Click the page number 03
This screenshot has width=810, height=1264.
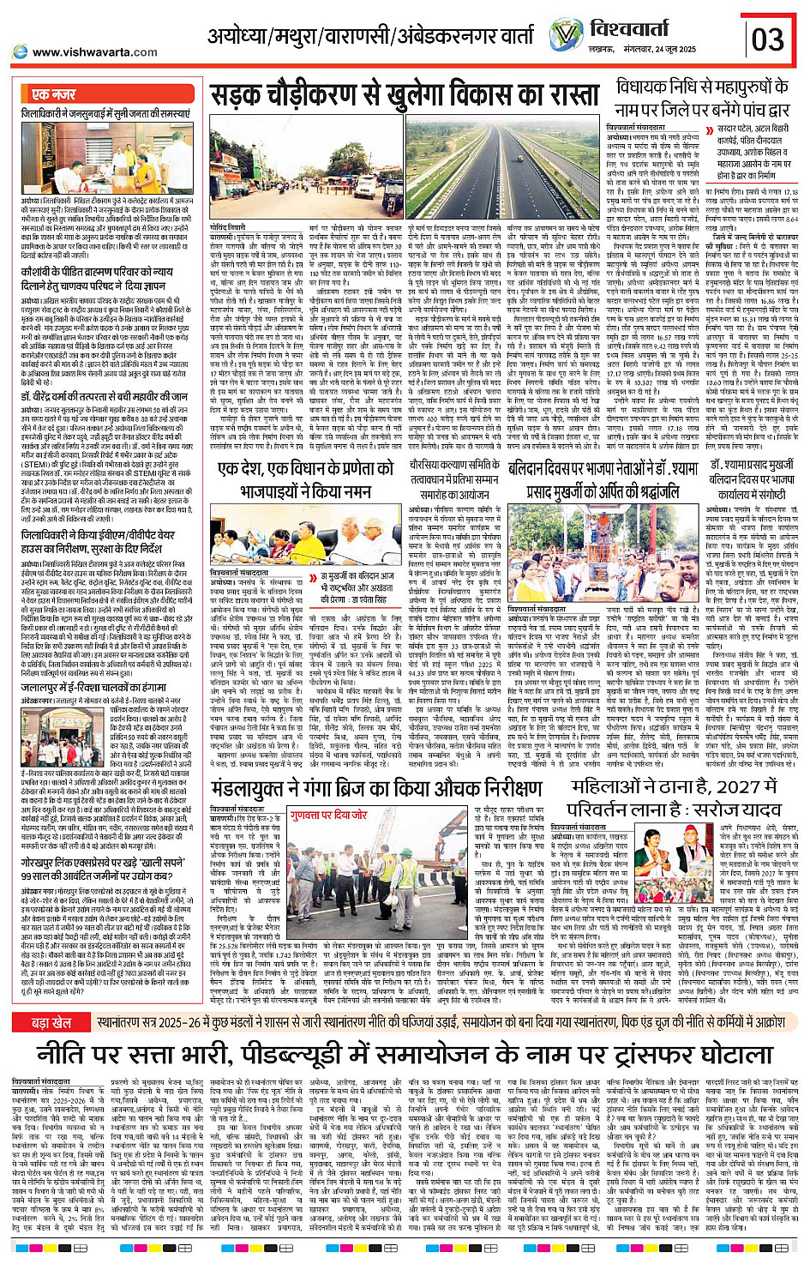click(x=767, y=39)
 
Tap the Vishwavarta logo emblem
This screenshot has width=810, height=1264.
click(x=566, y=35)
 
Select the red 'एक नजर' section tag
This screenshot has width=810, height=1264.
click(x=53, y=94)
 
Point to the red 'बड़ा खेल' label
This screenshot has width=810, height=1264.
click(x=51, y=999)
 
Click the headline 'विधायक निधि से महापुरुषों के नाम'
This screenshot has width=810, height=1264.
click(x=700, y=97)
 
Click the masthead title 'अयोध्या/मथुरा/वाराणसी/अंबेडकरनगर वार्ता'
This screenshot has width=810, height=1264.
click(x=373, y=37)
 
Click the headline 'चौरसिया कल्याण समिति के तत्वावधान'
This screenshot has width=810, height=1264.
click(x=455, y=478)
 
